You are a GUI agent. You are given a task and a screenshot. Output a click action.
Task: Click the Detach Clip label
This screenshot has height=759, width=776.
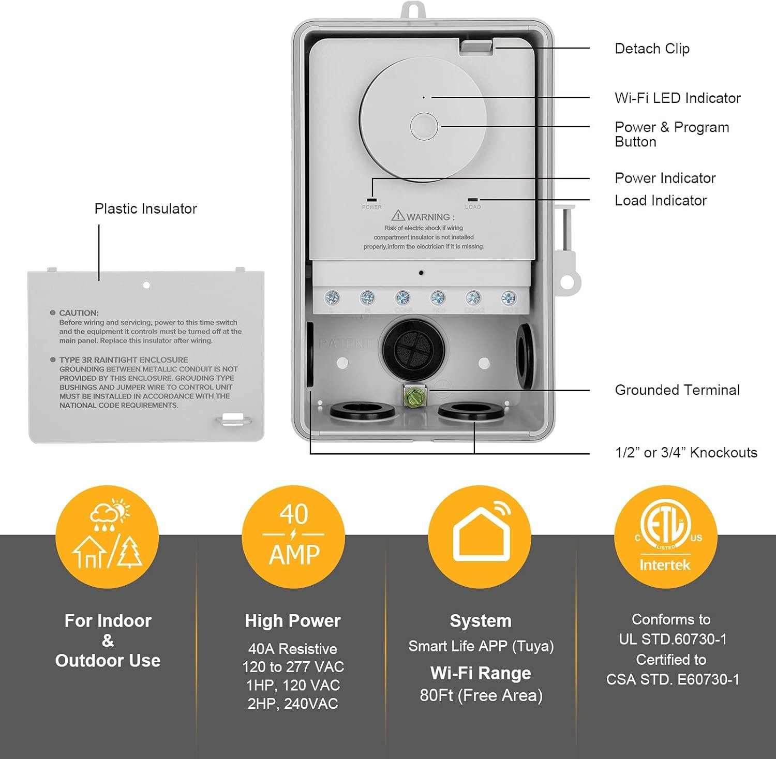pyautogui.click(x=652, y=49)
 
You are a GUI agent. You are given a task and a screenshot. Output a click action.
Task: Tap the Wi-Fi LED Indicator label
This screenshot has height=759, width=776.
pyautogui.click(x=677, y=98)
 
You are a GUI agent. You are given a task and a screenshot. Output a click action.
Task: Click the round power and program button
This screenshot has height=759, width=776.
pyautogui.click(x=424, y=127)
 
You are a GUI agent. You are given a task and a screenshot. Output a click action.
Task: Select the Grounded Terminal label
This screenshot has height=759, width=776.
pyautogui.click(x=677, y=390)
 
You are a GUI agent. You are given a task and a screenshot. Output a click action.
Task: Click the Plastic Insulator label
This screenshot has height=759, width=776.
pyautogui.click(x=145, y=209)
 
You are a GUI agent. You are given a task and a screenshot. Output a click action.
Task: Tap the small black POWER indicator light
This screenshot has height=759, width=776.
pyautogui.click(x=371, y=199)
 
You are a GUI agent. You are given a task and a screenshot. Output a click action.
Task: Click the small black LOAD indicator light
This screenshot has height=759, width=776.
pyautogui.click(x=473, y=200)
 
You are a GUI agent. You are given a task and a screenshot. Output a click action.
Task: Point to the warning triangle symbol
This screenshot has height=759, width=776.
pyautogui.click(x=398, y=215)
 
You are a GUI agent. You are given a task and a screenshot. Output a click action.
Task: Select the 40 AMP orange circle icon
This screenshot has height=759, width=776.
pyautogui.click(x=293, y=537)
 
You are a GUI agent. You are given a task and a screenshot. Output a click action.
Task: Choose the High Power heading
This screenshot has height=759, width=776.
pyautogui.click(x=293, y=621)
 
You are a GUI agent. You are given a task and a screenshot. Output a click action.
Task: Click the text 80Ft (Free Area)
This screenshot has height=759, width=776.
pyautogui.click(x=481, y=695)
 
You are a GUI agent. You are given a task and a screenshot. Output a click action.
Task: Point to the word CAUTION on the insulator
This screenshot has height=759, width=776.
pyautogui.click(x=79, y=313)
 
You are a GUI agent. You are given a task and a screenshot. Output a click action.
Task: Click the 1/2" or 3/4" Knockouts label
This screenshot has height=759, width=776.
pyautogui.click(x=685, y=453)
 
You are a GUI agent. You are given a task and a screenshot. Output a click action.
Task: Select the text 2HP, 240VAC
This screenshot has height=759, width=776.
pyautogui.click(x=293, y=704)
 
